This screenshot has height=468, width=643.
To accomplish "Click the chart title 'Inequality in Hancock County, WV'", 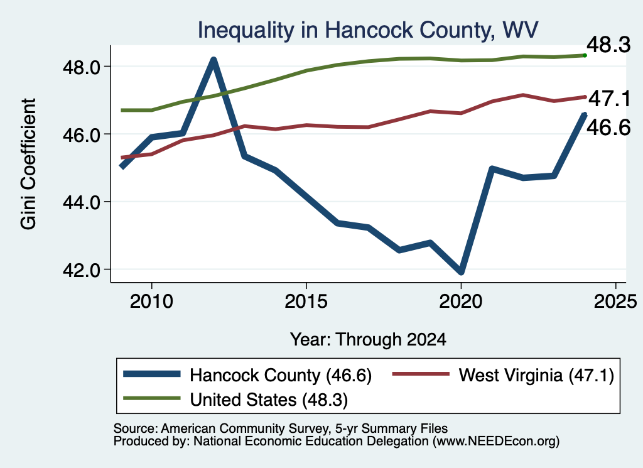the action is pos(368,30).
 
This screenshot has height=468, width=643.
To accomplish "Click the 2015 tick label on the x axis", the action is pos(306,302).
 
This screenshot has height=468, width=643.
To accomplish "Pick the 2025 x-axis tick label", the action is pos(615,302).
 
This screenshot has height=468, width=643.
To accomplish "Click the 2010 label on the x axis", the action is pos(151,302).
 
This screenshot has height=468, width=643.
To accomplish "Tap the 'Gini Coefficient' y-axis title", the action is pos(28,164).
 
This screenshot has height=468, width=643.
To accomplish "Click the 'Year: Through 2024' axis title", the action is pos(368,340).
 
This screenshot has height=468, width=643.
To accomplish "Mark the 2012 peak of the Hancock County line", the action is pos(213,60).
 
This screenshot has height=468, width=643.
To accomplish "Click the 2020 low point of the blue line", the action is pos(461,271).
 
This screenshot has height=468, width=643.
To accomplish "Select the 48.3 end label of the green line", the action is pos(608,45).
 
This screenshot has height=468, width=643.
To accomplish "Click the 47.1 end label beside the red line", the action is pos(609,99).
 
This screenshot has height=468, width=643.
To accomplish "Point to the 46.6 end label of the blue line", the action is pos(608,128).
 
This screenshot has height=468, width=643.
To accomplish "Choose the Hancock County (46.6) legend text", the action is pos(281,375).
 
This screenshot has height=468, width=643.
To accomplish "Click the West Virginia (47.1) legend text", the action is pos(536,375).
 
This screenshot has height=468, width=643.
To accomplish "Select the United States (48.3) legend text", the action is pos(269,400).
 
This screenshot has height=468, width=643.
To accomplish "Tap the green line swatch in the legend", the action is pos(152,398).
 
